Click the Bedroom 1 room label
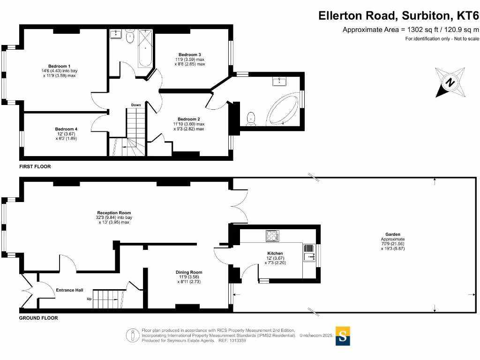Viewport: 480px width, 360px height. (59, 66)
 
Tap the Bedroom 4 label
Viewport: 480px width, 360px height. (66, 129)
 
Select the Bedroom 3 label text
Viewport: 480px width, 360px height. (190, 54)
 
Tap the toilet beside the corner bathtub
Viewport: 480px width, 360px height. (252, 119)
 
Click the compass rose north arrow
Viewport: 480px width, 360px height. (450, 82)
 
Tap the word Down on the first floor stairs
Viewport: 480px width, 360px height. (136, 105)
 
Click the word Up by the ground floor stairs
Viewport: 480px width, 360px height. (89, 299)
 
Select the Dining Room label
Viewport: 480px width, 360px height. (189, 272)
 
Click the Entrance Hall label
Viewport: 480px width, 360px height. (69, 290)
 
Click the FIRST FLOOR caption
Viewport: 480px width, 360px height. (35, 166)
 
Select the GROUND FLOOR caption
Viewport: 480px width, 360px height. (38, 318)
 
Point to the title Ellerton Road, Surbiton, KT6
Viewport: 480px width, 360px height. (398, 15)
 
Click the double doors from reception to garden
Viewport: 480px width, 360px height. (240, 205)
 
